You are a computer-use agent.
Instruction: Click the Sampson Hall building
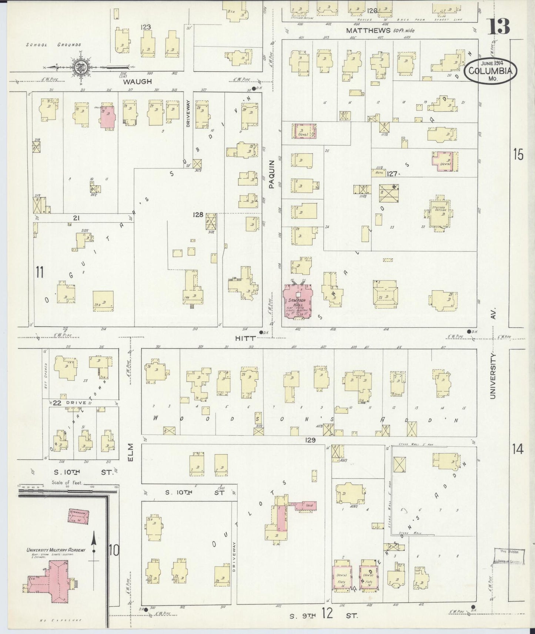297,301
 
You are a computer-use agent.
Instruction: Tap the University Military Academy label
56,550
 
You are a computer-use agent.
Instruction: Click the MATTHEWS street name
368,31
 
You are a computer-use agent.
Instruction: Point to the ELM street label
131,452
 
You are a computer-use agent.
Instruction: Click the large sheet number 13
498,26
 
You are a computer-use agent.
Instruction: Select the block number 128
198,215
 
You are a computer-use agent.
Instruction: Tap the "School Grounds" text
54,45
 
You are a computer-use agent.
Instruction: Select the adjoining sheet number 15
518,154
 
